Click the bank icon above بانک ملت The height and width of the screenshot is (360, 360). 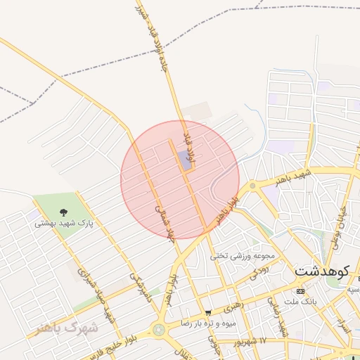coord(301,291)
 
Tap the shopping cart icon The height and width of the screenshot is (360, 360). coord(207,313)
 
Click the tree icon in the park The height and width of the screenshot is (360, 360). coord(64,211)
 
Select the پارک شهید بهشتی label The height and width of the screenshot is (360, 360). coord(64,224)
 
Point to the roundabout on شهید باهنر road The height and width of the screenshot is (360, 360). coord(252,186)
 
